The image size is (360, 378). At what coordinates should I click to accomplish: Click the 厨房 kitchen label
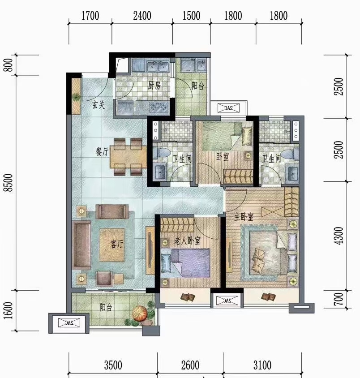click(154, 85)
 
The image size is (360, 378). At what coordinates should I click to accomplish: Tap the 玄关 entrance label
click(99, 105)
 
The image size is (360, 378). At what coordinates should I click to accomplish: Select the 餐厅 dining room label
click(103, 152)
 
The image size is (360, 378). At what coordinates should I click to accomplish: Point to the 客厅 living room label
click(117, 244)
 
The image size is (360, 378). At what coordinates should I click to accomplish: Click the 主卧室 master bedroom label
click(244, 217)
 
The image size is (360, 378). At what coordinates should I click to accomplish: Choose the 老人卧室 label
click(188, 241)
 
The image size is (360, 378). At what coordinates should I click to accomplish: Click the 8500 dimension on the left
click(9, 182)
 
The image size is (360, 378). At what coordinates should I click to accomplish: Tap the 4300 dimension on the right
click(339, 236)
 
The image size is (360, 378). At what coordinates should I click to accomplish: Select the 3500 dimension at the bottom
click(113, 365)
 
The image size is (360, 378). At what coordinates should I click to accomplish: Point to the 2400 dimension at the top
click(142, 16)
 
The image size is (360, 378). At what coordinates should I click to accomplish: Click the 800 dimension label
click(9, 65)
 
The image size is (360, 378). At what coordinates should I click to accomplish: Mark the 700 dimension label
click(339, 299)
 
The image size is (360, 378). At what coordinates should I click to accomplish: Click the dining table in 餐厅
click(129, 156)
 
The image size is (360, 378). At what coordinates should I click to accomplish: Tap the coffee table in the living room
click(112, 245)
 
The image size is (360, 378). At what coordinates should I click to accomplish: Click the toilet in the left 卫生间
click(161, 153)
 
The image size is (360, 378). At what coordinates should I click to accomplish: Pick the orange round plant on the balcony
click(140, 314)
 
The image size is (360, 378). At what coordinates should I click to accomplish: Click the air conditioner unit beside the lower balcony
click(69, 323)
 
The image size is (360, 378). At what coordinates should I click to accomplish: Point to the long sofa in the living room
click(81, 245)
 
